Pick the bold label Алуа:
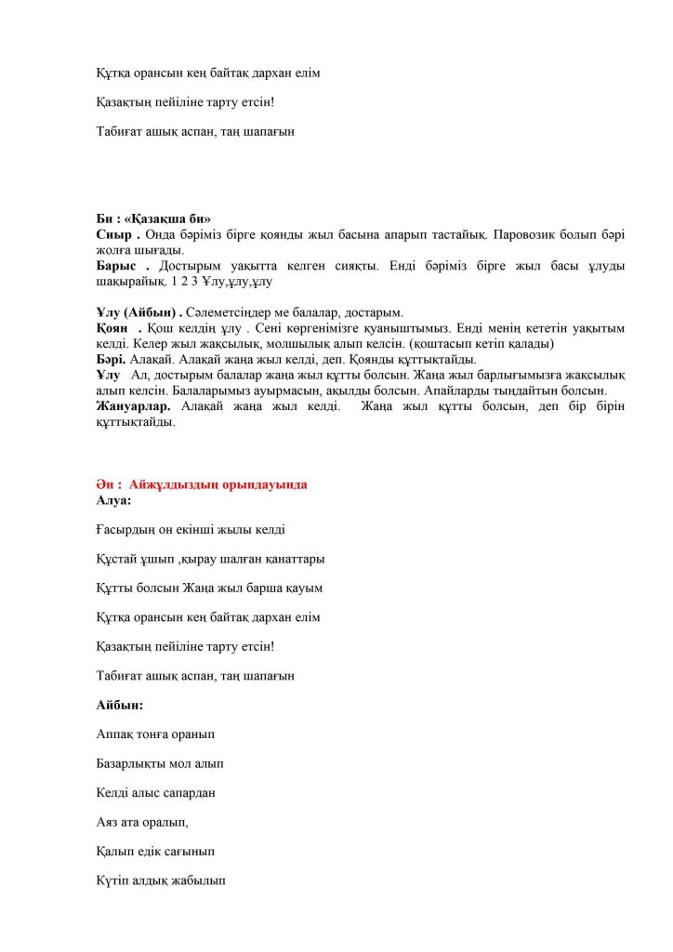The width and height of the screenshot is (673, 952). click(x=113, y=500)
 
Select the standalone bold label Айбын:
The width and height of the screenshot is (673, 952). click(x=119, y=705)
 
